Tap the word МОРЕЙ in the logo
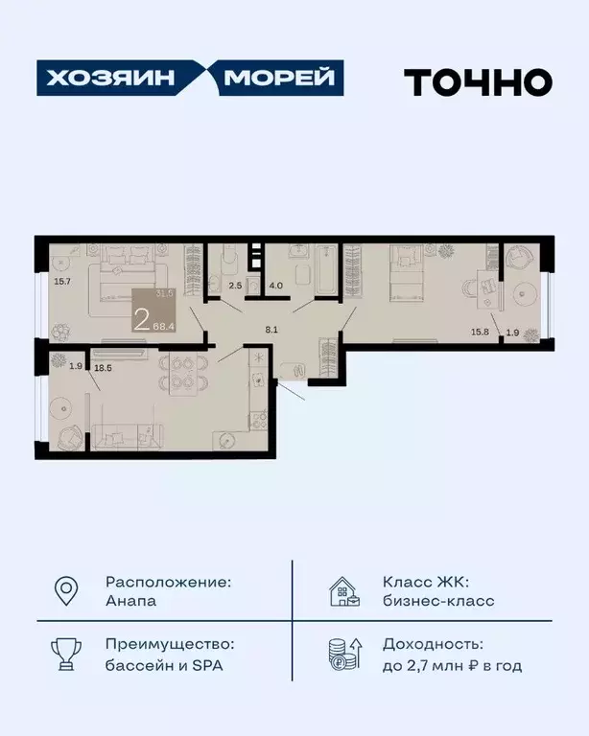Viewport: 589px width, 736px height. [x=283, y=79]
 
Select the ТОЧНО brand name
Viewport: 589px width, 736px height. [x=478, y=81]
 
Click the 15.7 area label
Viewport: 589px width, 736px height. [x=63, y=282]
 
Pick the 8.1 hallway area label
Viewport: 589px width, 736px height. [x=272, y=329]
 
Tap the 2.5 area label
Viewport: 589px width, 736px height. [x=235, y=284]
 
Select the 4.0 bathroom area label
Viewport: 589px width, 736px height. [x=274, y=284]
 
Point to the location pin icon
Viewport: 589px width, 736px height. [x=66, y=591]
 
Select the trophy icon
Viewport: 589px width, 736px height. [x=66, y=655]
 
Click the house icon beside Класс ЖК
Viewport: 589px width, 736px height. [x=343, y=591]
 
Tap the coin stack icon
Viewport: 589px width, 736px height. [x=343, y=655]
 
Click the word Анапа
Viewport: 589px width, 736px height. [x=131, y=601]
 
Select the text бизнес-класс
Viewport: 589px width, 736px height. [x=438, y=601]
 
